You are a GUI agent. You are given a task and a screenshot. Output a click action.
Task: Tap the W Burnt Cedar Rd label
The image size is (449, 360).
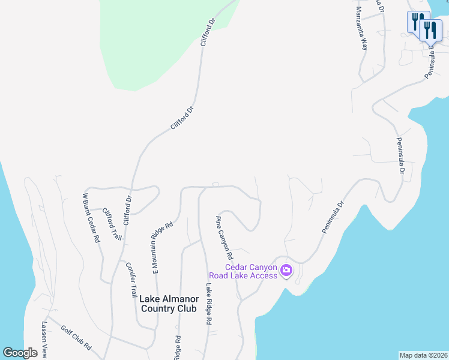pos(91,217)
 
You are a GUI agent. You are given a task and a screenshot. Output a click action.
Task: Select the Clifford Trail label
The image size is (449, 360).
pos(112,224)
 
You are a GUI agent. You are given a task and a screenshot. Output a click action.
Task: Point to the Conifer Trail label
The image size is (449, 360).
pos(131,280)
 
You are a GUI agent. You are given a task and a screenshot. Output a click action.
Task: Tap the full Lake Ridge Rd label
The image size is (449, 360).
pos(209,304)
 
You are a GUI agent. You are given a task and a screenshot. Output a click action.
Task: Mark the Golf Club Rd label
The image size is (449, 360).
pos(76,338)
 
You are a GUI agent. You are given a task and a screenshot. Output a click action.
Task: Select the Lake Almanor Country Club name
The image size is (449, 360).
pos(168,303)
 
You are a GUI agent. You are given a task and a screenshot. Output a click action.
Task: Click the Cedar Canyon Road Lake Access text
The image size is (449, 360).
pos(251,271)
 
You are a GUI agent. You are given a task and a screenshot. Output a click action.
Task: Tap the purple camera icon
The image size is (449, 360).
pos(286,271)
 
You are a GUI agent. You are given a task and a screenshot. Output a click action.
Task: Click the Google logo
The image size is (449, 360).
pos(20,353)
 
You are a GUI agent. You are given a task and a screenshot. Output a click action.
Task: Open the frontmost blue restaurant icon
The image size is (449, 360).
pos(431,30)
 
